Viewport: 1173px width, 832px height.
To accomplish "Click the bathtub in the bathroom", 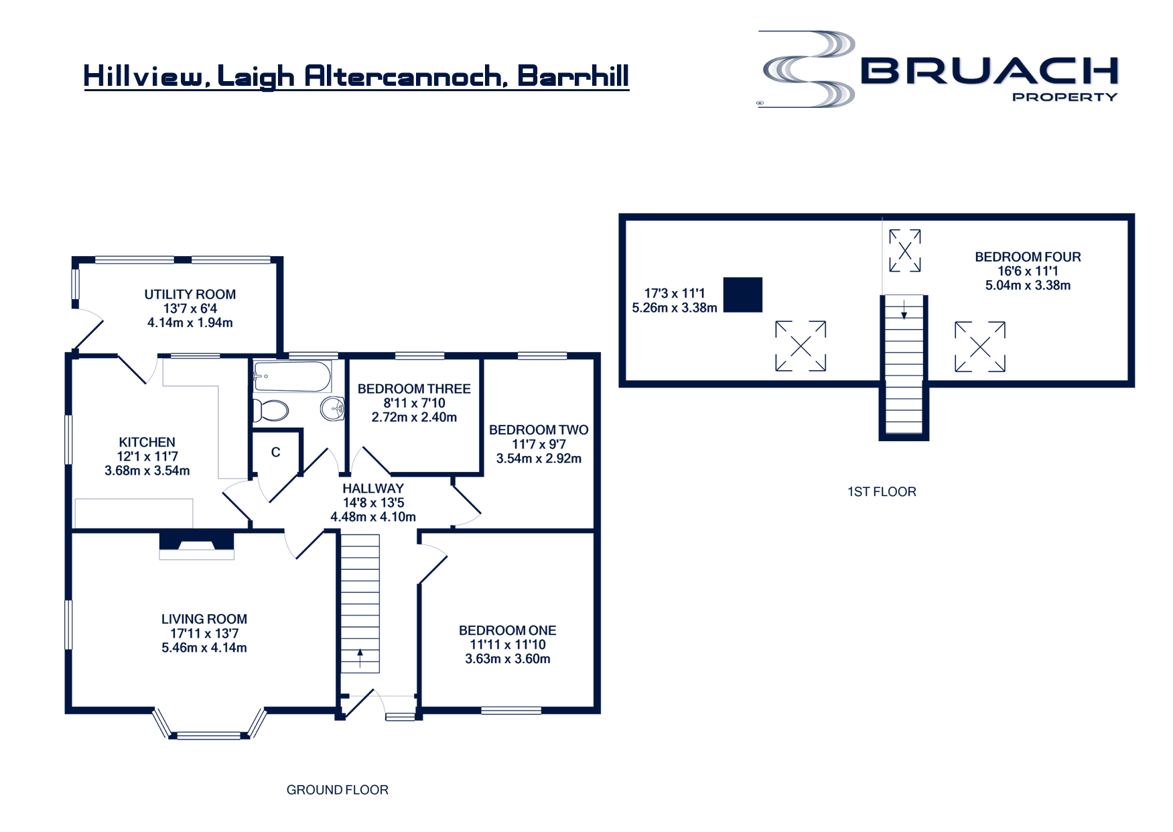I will tap(293, 377).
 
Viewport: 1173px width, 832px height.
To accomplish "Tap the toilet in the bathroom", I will tap(271, 410).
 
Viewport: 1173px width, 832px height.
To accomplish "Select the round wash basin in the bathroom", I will tap(332, 408).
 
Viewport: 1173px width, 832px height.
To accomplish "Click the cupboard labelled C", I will tap(275, 453).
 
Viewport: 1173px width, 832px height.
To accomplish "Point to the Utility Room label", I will tap(190, 294).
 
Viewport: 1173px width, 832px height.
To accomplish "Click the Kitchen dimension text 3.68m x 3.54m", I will tap(147, 471).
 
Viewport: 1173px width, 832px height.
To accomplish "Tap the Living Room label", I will tap(204, 619).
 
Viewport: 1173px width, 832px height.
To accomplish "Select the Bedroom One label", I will tap(507, 630).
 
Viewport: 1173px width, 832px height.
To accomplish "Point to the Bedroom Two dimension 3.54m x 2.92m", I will tap(539, 459).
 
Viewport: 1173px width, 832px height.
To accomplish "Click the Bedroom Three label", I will tap(414, 389).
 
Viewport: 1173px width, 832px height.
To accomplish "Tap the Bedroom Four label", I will tap(1028, 257).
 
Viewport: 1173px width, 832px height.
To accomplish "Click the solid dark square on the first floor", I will tap(743, 295).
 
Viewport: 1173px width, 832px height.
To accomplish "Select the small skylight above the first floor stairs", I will tap(905, 251).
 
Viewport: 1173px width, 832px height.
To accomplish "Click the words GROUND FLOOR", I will tap(338, 790).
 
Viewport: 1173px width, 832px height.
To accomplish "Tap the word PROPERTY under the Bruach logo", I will tap(1064, 97).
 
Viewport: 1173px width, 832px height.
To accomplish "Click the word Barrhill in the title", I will tap(573, 76).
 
